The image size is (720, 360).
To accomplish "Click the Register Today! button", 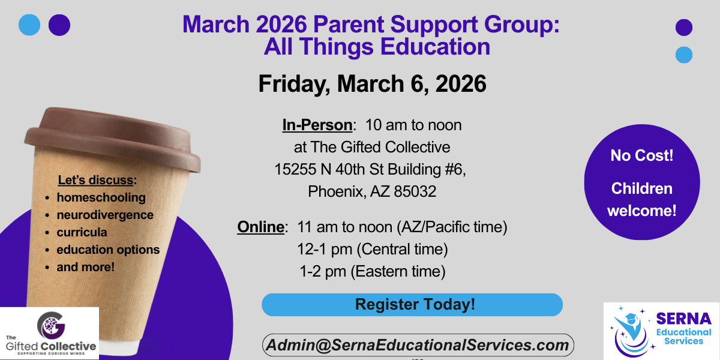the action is click(412, 304).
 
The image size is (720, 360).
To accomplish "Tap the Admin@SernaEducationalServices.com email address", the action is click(418, 345).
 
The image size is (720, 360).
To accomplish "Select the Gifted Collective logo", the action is click(49, 333).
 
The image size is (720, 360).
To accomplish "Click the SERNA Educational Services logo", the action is click(661, 331).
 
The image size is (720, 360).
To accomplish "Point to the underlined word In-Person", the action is click(317, 125).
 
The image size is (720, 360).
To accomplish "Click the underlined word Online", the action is click(260, 227).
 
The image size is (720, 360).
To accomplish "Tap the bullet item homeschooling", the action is click(101, 197).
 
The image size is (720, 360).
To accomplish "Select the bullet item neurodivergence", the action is click(105, 215).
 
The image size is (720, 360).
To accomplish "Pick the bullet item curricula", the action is click(82, 232).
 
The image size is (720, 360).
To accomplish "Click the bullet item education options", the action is click(108, 250).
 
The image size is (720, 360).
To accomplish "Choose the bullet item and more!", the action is click(85, 267).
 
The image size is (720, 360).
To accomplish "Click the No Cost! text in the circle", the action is click(641, 155).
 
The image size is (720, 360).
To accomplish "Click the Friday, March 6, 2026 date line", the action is click(372, 84).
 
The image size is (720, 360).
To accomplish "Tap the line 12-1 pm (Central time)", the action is click(372, 249).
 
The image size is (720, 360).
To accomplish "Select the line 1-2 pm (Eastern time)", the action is click(372, 271).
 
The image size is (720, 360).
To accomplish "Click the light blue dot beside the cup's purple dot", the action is click(29, 25).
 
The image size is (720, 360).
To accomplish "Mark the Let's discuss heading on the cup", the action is click(97, 180).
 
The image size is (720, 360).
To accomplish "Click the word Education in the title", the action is click(435, 47).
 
